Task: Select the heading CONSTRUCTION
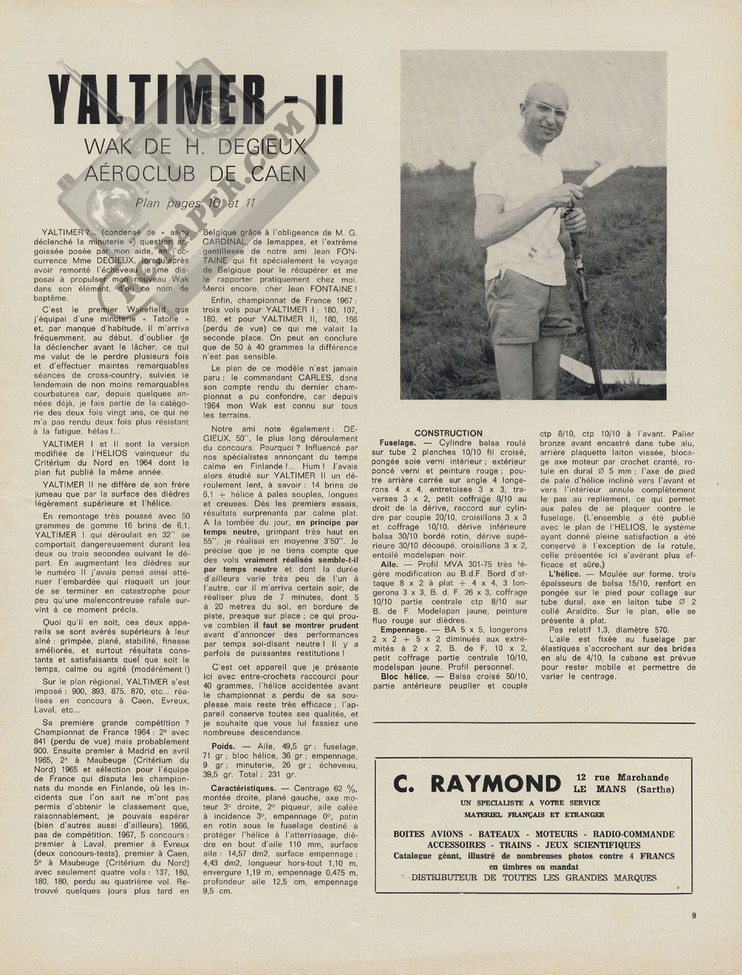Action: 448,433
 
